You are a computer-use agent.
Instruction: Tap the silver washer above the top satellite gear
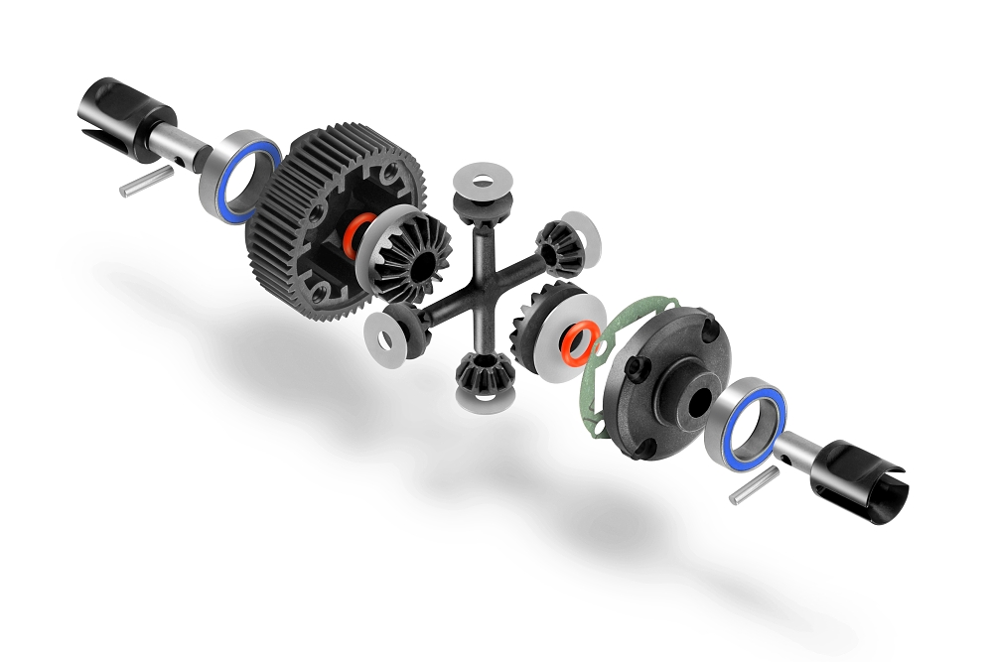click(478, 182)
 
